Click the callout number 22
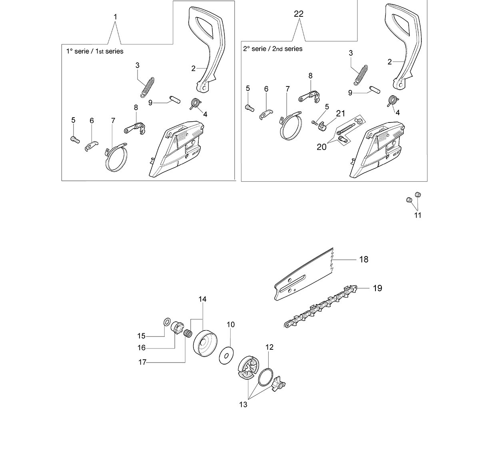point(298,14)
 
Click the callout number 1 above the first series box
point(116,17)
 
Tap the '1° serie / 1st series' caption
point(95,52)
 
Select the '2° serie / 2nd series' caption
point(273,49)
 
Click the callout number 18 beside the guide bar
point(363,259)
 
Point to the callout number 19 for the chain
point(377,288)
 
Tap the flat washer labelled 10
point(226,355)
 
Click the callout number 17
point(142,362)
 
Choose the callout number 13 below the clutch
point(243,405)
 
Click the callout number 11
point(417,215)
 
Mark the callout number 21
point(340,114)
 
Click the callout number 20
point(321,147)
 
